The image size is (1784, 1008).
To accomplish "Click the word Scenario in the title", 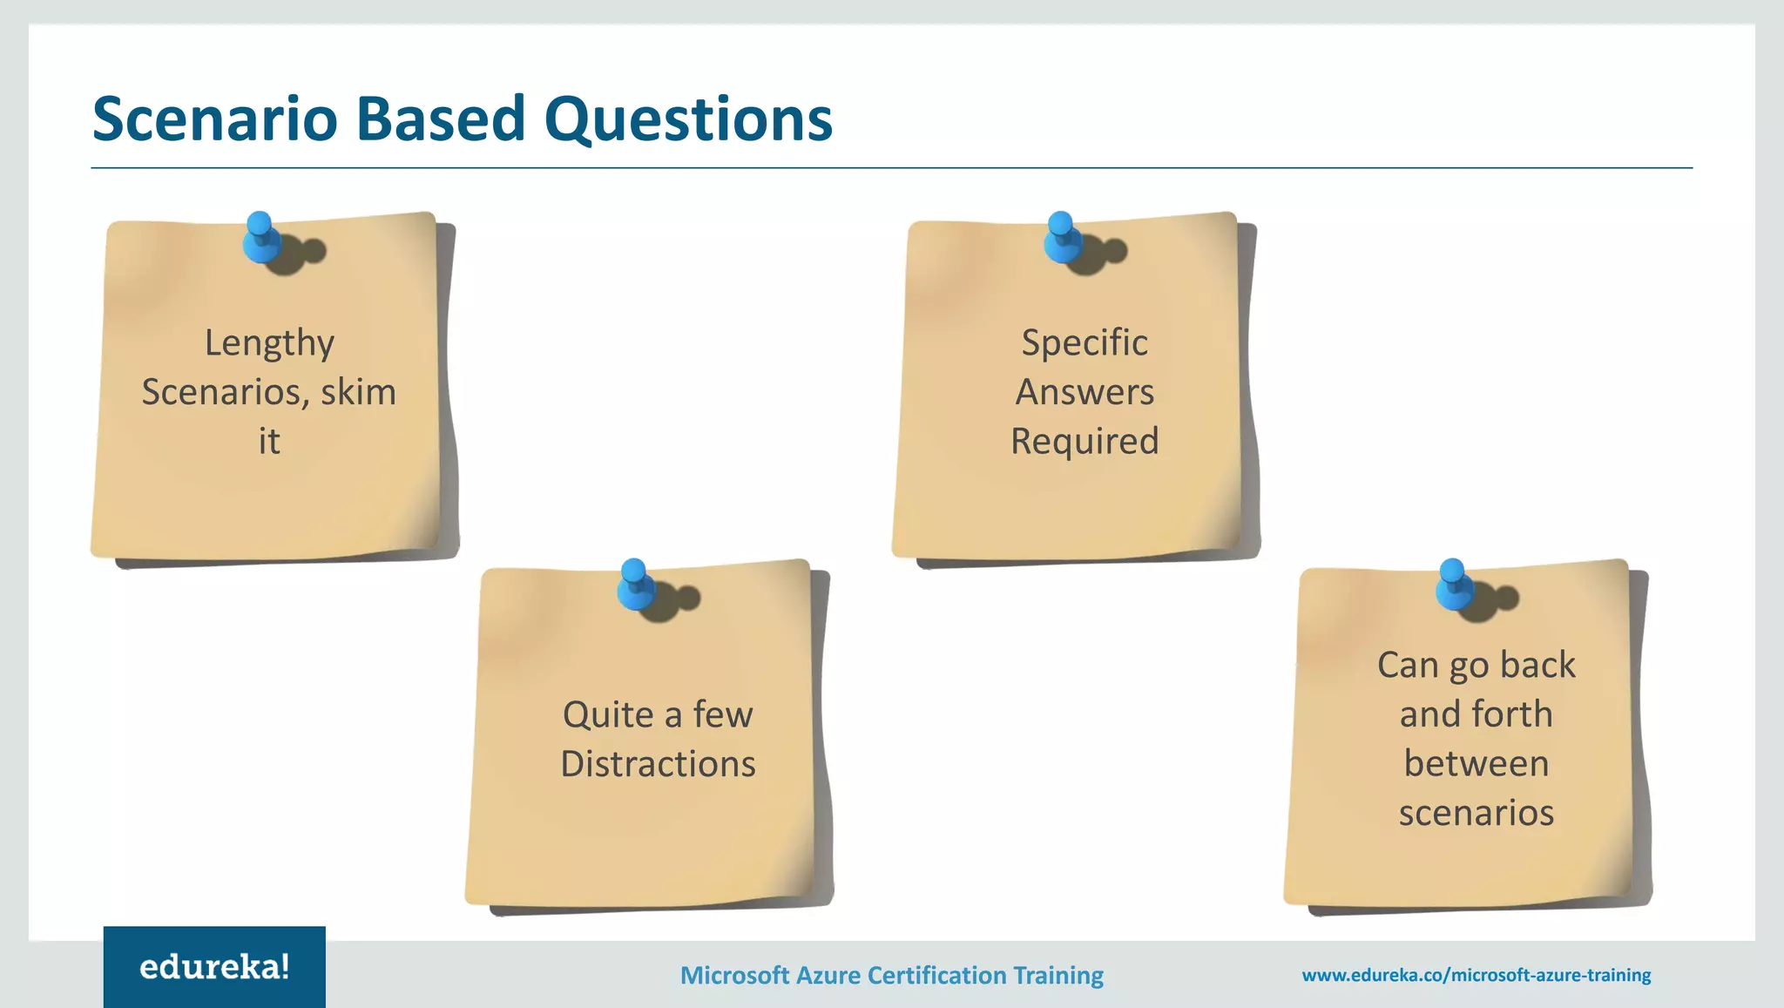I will click(x=214, y=118).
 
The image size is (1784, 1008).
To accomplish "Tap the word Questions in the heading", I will click(x=688, y=118).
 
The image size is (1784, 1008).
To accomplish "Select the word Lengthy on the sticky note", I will click(x=269, y=343).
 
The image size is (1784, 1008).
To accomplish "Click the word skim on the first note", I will click(x=358, y=392).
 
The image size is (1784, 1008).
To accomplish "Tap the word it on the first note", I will click(x=269, y=442).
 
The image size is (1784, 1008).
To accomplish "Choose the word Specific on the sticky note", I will click(x=1085, y=343).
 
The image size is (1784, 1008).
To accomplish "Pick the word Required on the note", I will click(x=1085, y=442).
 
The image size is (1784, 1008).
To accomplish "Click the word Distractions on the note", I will click(x=658, y=764).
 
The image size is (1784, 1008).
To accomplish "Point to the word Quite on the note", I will click(x=607, y=714).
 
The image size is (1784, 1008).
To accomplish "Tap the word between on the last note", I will click(x=1477, y=764).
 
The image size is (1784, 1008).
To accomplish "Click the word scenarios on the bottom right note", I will click(x=1477, y=813).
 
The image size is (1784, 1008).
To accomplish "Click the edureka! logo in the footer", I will click(x=214, y=967).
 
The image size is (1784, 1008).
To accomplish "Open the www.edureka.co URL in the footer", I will click(x=1477, y=975).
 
